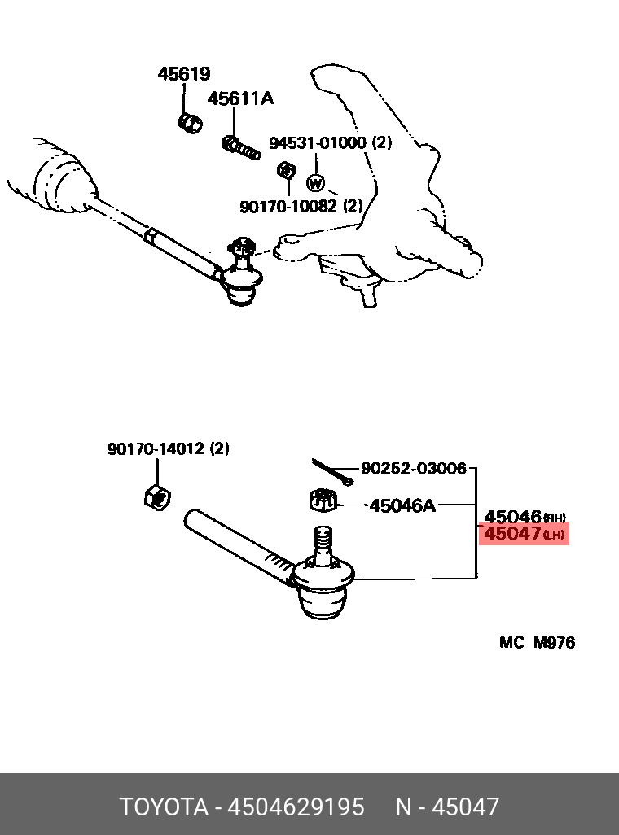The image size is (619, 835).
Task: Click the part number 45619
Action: coord(183,74)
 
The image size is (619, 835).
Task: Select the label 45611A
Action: coord(240,99)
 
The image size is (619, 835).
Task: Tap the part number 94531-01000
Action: coord(319,143)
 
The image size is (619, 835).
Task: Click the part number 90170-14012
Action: coord(158,448)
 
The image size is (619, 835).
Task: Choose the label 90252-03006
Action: coord(414,468)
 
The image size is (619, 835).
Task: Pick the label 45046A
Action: coord(402,506)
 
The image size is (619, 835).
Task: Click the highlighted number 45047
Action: coord(513,534)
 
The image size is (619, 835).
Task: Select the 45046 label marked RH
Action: coord(513,516)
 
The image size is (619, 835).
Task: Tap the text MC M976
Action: coord(537,643)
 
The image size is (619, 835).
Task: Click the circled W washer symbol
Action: coord(315,183)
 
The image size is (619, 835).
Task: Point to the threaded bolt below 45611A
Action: coord(241,147)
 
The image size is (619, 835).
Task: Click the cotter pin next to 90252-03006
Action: coord(331,472)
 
